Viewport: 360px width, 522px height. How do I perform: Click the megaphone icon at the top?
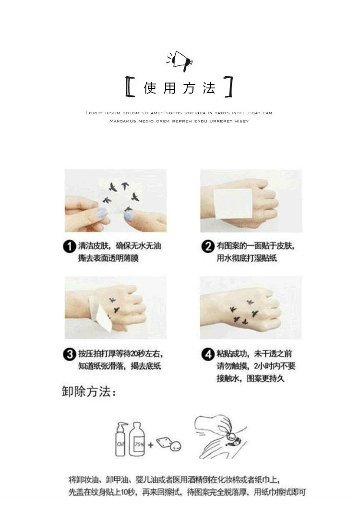180,61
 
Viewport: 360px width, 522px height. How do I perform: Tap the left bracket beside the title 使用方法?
130,87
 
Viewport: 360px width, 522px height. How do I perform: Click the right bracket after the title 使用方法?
229,87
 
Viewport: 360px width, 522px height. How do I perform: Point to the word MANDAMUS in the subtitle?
122,121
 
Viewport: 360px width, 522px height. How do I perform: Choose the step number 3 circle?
69,355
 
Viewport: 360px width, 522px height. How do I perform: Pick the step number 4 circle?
207,355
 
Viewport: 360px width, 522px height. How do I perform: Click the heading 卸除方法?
89,391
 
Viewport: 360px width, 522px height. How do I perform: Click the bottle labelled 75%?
138,439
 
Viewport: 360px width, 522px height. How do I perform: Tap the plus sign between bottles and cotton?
151,445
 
